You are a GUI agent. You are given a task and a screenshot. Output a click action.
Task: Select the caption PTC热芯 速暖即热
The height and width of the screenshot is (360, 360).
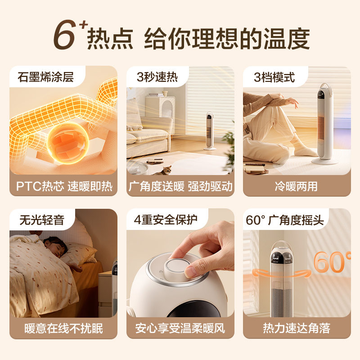click(63, 186)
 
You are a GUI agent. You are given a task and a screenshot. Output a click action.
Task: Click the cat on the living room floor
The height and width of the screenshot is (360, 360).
click(166, 170)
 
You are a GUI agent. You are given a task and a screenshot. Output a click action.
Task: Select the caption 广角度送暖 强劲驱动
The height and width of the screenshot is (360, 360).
click(180, 186)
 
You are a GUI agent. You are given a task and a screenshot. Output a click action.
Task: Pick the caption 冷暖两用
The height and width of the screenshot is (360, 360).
click(297, 186)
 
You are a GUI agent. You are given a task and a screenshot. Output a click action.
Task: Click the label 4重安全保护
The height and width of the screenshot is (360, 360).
click(166, 220)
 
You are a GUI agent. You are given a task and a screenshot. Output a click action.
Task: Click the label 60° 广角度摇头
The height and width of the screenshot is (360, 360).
click(285, 220)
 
